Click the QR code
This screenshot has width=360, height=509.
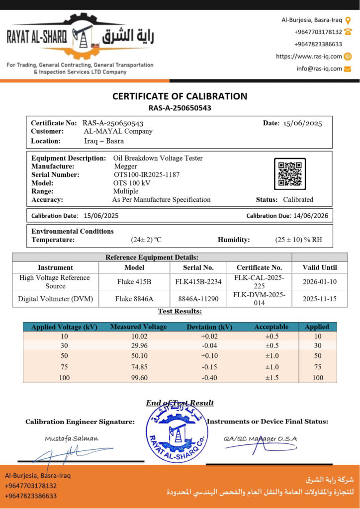tap(290, 174)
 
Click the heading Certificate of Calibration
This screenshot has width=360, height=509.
tap(180, 96)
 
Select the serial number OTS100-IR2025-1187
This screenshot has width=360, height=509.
tap(146, 174)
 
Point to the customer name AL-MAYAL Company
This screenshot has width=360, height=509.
tap(118, 131)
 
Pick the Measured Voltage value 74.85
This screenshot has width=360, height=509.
tap(138, 367)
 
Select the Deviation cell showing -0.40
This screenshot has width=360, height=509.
tap(209, 378)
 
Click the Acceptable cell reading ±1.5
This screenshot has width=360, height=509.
tap(271, 378)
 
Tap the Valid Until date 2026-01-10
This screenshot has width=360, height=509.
tap(320, 281)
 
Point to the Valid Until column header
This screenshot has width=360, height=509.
tap(320, 267)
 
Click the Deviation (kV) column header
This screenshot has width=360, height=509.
tap(209, 327)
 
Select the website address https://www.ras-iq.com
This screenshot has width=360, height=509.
tap(309, 57)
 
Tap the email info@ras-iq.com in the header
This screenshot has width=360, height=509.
tap(319, 69)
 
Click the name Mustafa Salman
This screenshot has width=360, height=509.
tap(72, 438)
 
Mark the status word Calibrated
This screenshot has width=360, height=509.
tap(298, 199)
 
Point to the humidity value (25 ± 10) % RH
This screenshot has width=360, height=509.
tap(298, 240)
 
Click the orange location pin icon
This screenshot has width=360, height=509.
tap(348, 20)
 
